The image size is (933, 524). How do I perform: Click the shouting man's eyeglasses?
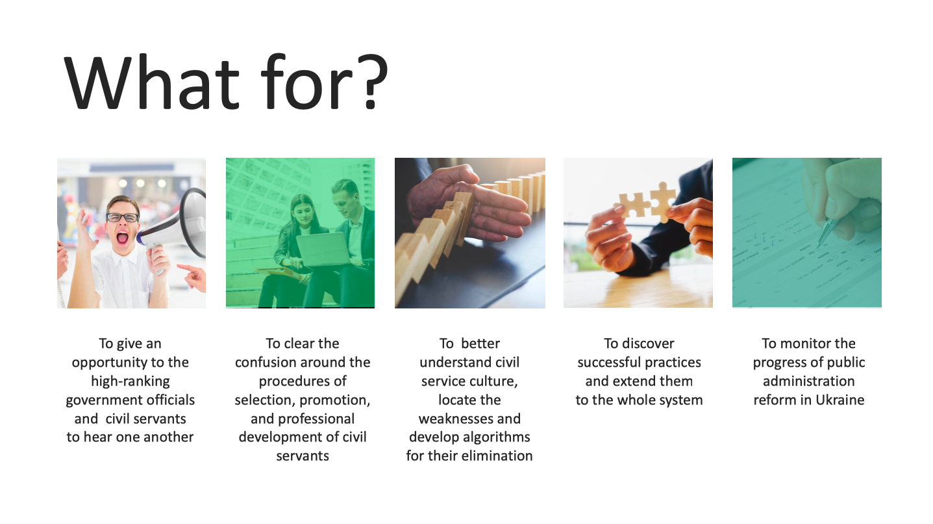pyautogui.click(x=122, y=217)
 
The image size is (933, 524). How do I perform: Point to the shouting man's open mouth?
pyautogui.click(x=123, y=238)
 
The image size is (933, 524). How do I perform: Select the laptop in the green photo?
pyautogui.click(x=323, y=249)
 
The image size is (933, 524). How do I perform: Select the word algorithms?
pyautogui.click(x=496, y=438)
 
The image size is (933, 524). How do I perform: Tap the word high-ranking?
pyautogui.click(x=131, y=382)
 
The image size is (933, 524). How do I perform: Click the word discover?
pyautogui.click(x=648, y=343)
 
